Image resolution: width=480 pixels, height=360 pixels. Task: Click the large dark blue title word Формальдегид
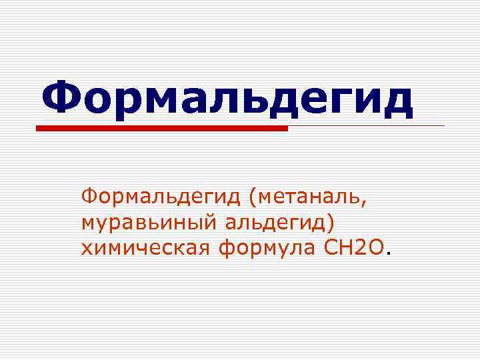(227, 99)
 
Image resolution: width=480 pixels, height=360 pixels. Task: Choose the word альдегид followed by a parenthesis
(271, 224)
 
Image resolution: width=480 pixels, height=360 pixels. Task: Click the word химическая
(144, 249)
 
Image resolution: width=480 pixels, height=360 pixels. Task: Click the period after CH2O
(389, 254)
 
